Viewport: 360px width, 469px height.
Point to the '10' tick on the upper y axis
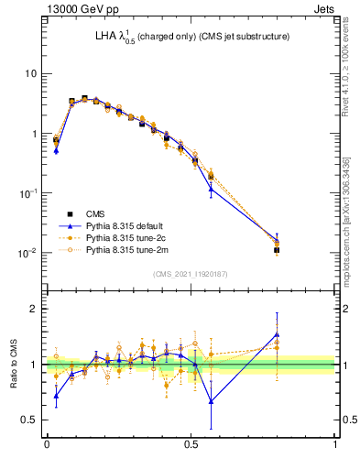[31, 73]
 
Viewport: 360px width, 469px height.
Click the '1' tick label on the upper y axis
[34, 134]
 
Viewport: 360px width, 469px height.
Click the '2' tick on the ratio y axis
[34, 309]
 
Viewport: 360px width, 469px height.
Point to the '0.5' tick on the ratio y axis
[30, 420]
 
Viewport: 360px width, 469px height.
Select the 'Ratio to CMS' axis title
[13, 364]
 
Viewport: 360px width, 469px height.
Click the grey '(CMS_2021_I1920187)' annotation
[191, 273]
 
